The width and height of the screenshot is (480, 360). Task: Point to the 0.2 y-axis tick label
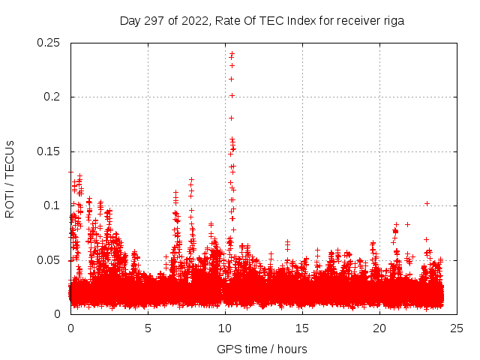point(52,97)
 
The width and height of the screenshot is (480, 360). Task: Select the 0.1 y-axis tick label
point(52,205)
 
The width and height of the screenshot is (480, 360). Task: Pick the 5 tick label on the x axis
point(148,328)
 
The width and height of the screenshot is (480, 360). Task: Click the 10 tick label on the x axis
point(226,328)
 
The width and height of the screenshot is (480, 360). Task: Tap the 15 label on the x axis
point(303,328)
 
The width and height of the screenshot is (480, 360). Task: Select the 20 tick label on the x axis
point(380,328)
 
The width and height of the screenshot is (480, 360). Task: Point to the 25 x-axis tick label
point(457,328)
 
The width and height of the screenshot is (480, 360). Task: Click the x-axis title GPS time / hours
point(262,349)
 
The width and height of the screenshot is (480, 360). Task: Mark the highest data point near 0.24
point(232,53)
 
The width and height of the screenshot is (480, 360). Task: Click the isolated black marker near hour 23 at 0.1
point(427,203)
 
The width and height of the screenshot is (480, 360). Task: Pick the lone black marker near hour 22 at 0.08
point(407,224)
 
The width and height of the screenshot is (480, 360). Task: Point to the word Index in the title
point(292,21)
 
